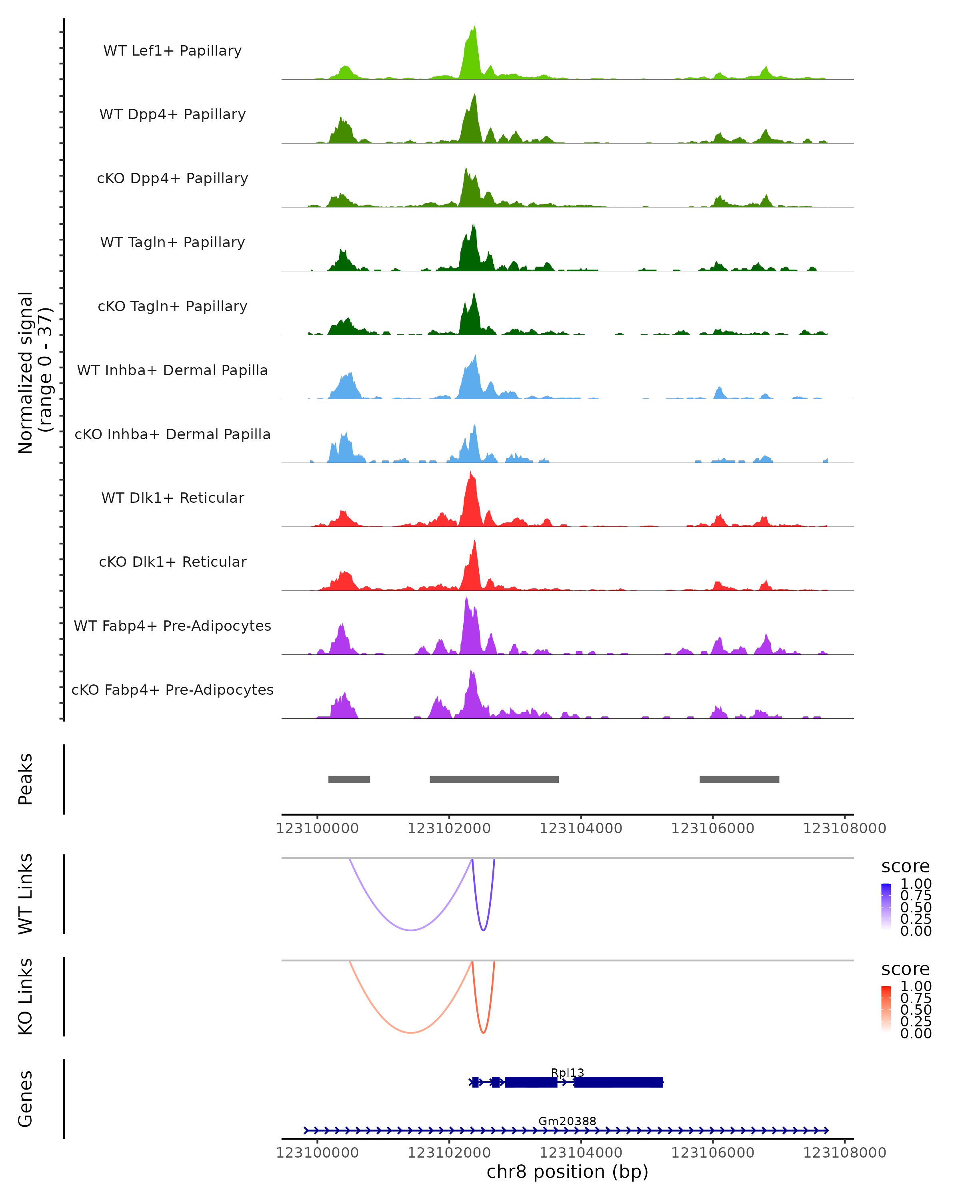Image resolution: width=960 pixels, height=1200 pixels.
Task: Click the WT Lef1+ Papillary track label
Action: tap(172, 51)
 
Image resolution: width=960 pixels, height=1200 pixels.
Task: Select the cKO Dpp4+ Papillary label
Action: tap(172, 178)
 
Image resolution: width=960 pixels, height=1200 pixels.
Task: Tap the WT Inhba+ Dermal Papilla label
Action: tap(172, 370)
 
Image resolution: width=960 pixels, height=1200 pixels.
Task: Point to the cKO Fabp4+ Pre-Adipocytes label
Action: tap(172, 690)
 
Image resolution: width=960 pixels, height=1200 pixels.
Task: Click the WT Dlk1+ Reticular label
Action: tap(172, 498)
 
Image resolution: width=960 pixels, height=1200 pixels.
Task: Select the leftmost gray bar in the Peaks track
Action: tap(349, 779)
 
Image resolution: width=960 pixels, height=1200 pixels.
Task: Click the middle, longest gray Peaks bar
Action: tap(494, 779)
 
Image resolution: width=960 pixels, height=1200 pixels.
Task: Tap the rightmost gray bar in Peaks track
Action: tap(739, 779)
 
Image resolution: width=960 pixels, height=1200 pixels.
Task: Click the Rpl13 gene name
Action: tap(567, 1072)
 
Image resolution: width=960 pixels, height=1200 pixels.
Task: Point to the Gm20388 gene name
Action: tap(567, 1121)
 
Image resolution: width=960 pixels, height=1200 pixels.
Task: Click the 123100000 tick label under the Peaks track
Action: tap(317, 828)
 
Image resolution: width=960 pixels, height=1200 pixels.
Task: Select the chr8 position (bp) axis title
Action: tap(567, 1172)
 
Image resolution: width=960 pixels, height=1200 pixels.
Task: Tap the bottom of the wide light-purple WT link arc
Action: tap(411, 930)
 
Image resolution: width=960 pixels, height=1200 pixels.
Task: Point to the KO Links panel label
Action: tap(26, 996)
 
